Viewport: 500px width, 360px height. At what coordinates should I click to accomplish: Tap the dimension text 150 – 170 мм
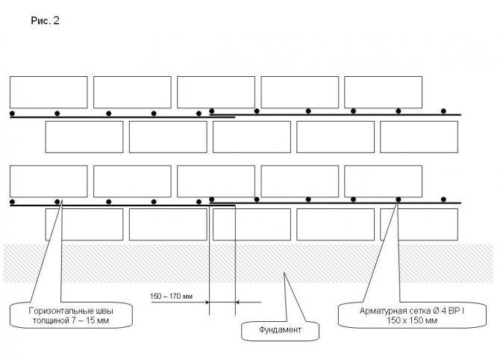pyautogui.click(x=172, y=297)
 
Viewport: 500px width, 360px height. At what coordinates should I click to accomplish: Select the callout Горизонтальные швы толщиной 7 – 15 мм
pyautogui.click(x=71, y=314)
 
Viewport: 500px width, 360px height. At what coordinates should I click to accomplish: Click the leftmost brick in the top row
pyautogui.click(x=49, y=92)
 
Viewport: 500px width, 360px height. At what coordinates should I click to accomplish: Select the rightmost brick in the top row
pyautogui.click(x=383, y=92)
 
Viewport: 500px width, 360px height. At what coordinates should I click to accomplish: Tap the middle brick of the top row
pyautogui.click(x=216, y=92)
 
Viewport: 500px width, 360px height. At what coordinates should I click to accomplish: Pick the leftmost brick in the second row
pyautogui.click(x=84, y=137)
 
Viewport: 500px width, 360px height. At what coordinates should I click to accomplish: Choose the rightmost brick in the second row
pyautogui.click(x=419, y=137)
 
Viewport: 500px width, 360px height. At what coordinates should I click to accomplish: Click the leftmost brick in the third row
pyautogui.click(x=49, y=181)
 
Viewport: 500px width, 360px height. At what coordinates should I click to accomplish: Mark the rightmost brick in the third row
pyautogui.click(x=383, y=181)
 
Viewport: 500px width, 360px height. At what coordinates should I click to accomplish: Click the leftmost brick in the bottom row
pyautogui.click(x=84, y=224)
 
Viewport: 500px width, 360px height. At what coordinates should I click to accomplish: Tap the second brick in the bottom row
pyautogui.click(x=168, y=224)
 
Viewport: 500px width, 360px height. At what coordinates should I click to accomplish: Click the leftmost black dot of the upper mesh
pyautogui.click(x=13, y=114)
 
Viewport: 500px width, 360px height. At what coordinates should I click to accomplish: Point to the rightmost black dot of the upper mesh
pyautogui.click(x=446, y=111)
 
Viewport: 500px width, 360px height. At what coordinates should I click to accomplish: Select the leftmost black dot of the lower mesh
pyautogui.click(x=13, y=202)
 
